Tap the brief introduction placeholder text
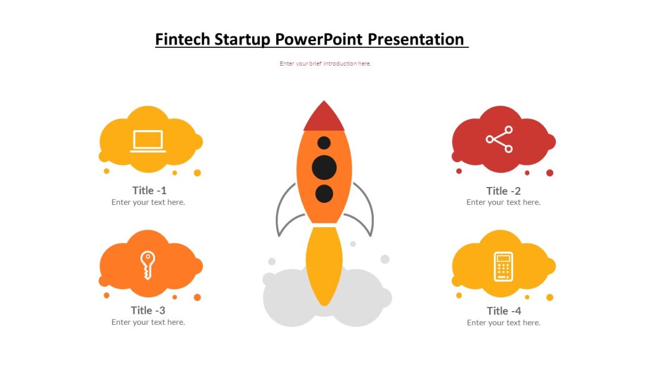pyautogui.click(x=325, y=63)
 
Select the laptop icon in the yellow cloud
pyautogui.click(x=148, y=141)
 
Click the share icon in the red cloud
pyautogui.click(x=500, y=139)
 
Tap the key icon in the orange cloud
pyautogui.click(x=147, y=265)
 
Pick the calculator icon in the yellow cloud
pyautogui.click(x=503, y=266)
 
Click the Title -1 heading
pyautogui.click(x=149, y=190)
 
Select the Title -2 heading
pyautogui.click(x=503, y=191)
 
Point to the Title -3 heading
pyautogui.click(x=148, y=310)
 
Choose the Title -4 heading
pyautogui.click(x=504, y=311)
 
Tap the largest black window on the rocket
pyautogui.click(x=324, y=168)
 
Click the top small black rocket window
pyautogui.click(x=324, y=143)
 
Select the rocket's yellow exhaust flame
pyautogui.click(x=324, y=266)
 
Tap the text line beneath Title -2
pyautogui.click(x=503, y=202)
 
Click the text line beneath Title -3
pyautogui.click(x=148, y=322)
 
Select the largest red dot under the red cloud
pyautogui.click(x=550, y=173)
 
